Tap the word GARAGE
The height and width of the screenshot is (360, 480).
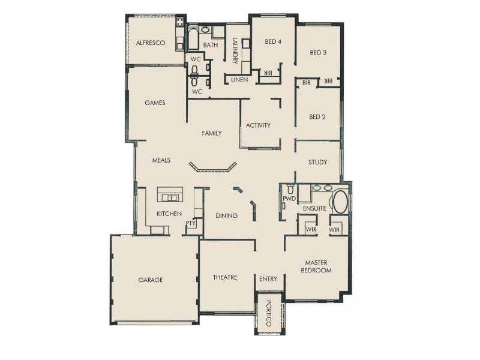click(x=151, y=280)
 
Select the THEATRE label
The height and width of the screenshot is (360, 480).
click(x=225, y=277)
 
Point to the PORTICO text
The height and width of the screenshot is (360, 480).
click(x=269, y=313)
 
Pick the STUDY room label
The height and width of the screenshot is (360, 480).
click(x=317, y=163)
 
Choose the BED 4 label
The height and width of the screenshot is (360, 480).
click(x=273, y=41)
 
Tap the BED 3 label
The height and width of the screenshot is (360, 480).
click(x=318, y=53)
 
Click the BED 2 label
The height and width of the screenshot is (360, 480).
click(x=317, y=117)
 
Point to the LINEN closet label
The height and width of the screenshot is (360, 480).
click(x=239, y=80)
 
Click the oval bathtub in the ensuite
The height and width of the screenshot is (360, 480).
click(x=340, y=203)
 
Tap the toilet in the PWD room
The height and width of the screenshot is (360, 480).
click(x=290, y=190)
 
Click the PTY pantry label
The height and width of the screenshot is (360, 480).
click(x=191, y=223)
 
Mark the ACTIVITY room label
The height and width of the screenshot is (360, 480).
click(x=259, y=125)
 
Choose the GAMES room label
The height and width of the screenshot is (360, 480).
click(x=155, y=103)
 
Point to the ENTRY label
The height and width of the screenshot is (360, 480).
click(x=268, y=279)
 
